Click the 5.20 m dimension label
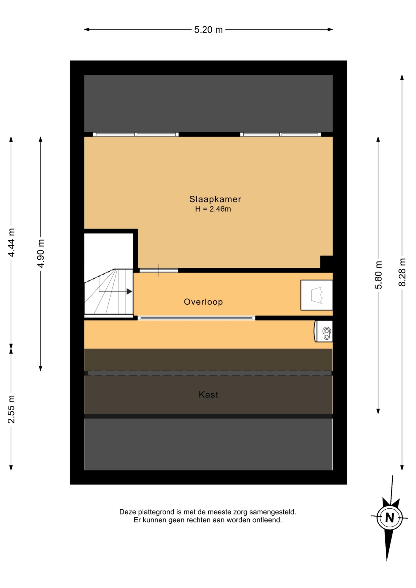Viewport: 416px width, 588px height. [x=208, y=30]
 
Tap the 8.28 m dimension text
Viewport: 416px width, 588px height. [x=402, y=272]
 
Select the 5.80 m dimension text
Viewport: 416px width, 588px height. [x=378, y=275]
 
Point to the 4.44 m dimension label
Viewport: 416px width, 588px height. [x=11, y=243]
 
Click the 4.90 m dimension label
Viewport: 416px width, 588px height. [x=41, y=253]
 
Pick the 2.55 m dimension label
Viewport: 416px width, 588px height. [x=11, y=409]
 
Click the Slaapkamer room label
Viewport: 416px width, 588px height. [x=215, y=199]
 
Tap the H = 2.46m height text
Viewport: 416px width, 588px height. [x=213, y=209]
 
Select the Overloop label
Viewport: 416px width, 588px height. [x=203, y=302]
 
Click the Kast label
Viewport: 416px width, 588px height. [x=208, y=394]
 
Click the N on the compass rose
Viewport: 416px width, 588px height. [x=389, y=518]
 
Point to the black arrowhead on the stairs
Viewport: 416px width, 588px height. [x=129, y=292]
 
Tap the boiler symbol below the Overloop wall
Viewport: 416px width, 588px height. [x=323, y=331]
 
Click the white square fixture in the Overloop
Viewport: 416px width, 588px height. [x=316, y=295]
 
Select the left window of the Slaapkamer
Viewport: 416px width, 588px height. [x=136, y=134]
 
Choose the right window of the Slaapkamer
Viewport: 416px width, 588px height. [x=281, y=134]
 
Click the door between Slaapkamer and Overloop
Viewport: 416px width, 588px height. [x=158, y=270]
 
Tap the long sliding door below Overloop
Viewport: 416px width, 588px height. [x=196, y=318]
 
